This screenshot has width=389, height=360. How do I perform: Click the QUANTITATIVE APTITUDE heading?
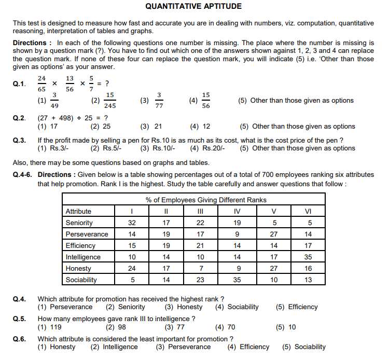[193, 7]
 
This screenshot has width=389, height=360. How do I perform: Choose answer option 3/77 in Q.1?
[159, 100]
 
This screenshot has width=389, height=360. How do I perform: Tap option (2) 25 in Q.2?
[101, 126]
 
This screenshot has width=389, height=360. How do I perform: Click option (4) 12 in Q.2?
[200, 126]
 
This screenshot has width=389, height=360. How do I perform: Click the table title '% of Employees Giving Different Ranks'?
[206, 200]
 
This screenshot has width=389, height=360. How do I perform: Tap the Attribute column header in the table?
[78, 211]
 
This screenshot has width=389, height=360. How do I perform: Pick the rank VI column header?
[308, 211]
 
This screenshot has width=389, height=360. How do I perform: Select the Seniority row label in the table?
[79, 223]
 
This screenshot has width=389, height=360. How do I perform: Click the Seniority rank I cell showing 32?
[132, 223]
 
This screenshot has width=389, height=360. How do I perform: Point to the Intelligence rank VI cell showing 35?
[308, 257]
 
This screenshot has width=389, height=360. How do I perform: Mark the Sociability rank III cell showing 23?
[201, 280]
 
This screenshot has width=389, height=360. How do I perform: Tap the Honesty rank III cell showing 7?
[201, 268]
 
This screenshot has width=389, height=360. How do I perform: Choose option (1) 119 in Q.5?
[50, 327]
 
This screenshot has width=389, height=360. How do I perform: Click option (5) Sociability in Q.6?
[304, 347]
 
